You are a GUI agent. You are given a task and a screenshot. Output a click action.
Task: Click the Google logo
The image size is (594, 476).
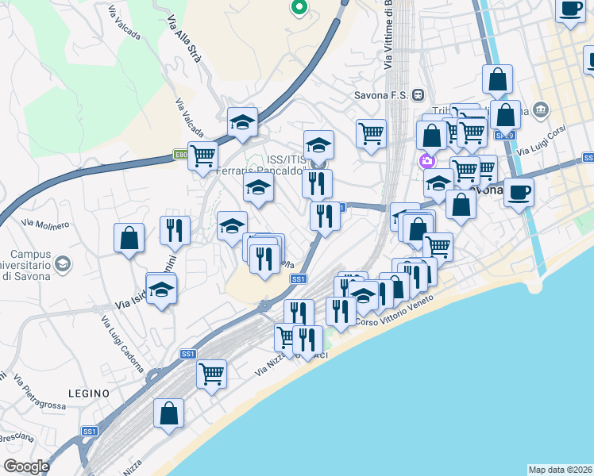point(26,466)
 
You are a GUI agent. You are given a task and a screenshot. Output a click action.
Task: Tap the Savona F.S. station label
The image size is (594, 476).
point(381,95)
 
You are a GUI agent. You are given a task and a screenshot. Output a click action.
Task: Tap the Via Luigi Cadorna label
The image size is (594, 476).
point(121,343)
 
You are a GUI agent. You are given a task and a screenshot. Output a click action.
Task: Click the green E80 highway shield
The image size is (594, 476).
point(181,155)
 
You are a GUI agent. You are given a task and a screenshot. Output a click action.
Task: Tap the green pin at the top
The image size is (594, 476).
point(299,8)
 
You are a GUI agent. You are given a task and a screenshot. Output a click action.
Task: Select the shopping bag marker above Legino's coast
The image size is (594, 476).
point(169,413)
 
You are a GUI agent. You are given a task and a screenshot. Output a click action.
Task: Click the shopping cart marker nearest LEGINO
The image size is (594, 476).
point(211,373)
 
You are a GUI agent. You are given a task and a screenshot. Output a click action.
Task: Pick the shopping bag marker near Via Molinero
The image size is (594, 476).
point(129,238)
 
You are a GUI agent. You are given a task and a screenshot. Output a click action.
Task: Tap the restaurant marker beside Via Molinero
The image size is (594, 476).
point(175,230)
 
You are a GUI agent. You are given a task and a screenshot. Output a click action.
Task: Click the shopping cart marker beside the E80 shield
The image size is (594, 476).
point(202,155)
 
